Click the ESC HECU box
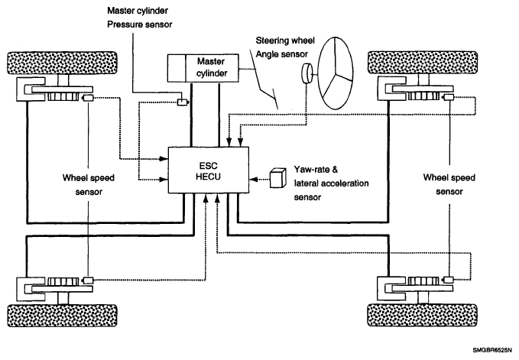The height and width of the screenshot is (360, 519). [x=209, y=170]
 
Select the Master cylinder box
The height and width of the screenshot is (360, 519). [x=203, y=68]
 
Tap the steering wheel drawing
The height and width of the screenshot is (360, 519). [x=336, y=73]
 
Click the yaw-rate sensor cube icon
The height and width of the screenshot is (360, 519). [x=277, y=178]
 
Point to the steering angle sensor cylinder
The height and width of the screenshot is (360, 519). [x=307, y=73]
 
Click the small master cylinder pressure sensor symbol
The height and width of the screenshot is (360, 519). [x=182, y=102]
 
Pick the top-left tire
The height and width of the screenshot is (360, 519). [x=62, y=63]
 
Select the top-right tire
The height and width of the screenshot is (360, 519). [x=423, y=63]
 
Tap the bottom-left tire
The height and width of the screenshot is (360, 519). [x=62, y=316]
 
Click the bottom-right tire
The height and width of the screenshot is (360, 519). [x=423, y=315]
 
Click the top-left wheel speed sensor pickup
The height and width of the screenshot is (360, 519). [x=88, y=98]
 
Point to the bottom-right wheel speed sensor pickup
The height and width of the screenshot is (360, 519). [x=448, y=280]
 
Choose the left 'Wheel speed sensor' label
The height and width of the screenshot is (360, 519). [x=89, y=185]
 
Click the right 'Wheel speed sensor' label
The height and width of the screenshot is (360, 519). [x=449, y=184]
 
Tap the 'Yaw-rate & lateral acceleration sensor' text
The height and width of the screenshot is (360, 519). [x=331, y=183]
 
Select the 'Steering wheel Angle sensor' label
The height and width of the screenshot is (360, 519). [x=285, y=47]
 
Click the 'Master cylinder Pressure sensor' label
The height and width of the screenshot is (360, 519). [x=139, y=18]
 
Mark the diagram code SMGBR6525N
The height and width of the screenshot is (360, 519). [x=495, y=350]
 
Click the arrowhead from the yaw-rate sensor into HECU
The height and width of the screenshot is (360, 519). [x=253, y=180]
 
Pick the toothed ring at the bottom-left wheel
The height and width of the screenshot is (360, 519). [x=63, y=281]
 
